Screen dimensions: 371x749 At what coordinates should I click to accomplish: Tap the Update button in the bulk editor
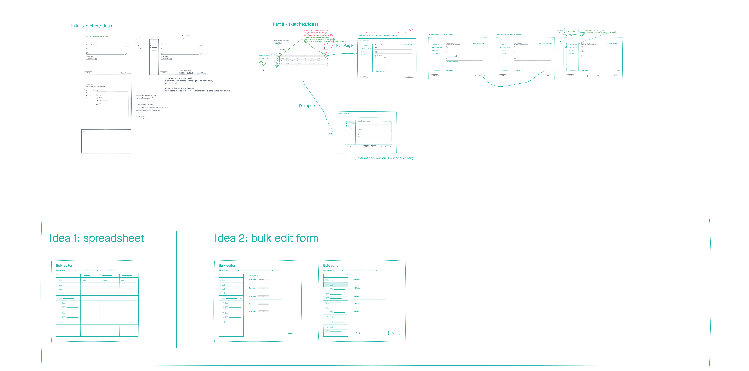tap(290, 333)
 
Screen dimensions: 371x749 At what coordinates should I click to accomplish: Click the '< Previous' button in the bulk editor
tap(358, 333)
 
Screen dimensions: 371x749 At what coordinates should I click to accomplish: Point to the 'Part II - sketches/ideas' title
tap(295, 24)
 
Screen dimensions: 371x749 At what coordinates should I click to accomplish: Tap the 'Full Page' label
tap(344, 45)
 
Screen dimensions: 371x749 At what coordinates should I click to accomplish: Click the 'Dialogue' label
tap(307, 106)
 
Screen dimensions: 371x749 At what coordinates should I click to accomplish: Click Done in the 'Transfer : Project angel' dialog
tap(126, 72)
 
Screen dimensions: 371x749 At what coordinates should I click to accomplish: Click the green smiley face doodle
tap(262, 64)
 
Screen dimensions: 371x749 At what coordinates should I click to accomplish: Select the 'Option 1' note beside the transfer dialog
tap(69, 45)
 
